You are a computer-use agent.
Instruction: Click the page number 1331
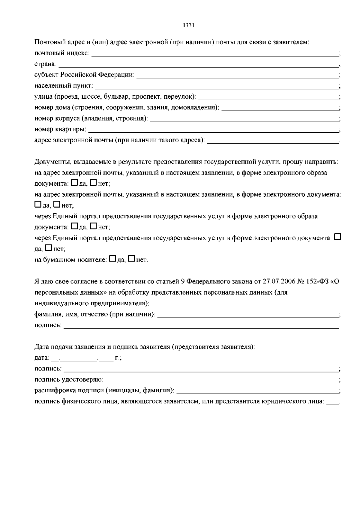click(x=189, y=25)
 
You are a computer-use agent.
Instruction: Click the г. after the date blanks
click(x=117, y=358)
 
